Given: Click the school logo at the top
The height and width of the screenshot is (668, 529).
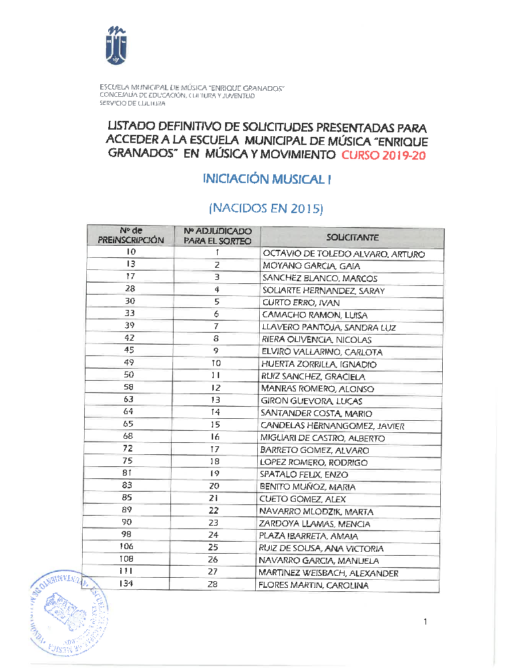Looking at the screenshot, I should pos(116,45).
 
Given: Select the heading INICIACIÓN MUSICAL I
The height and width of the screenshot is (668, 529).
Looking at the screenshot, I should pos(267,179).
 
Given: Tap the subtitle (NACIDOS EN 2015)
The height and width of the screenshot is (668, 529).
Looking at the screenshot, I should pos(267,208).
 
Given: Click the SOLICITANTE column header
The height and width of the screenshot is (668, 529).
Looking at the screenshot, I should pos(352,237).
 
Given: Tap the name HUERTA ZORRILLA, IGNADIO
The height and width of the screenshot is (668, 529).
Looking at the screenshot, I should pos(319,365).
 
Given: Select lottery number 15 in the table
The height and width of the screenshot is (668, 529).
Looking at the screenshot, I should pos(216,426).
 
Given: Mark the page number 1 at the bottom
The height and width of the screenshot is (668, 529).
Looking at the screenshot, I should pos(425,623).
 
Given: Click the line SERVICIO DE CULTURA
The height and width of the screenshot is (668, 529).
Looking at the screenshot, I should pos(133,104).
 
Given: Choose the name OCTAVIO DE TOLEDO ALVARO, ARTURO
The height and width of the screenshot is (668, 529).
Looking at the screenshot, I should pos(343,254).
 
